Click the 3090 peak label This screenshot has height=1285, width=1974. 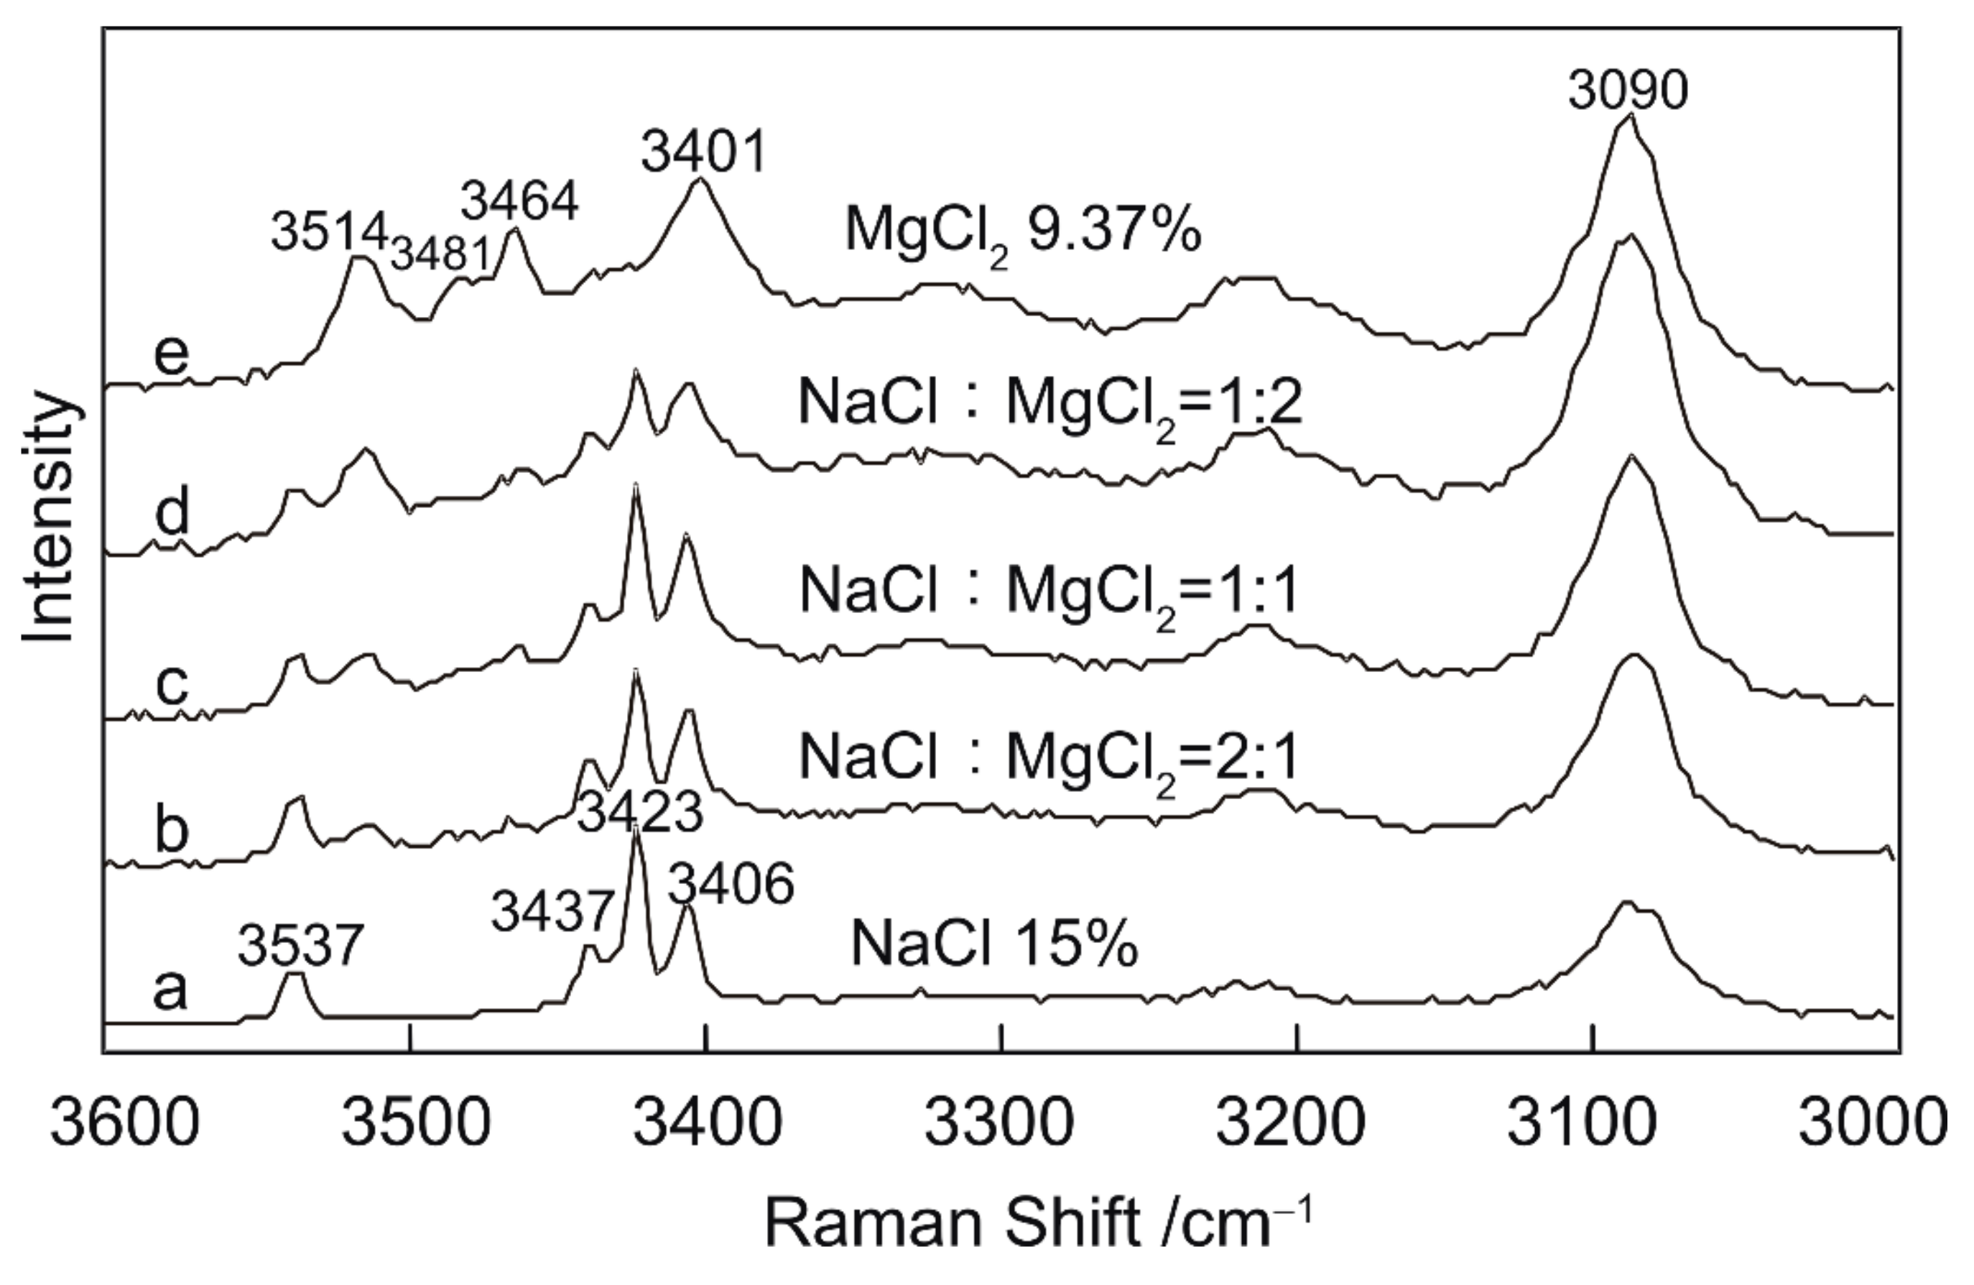pos(1627,91)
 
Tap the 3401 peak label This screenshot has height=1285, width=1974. pos(703,154)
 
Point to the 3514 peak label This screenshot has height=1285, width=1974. pos(329,233)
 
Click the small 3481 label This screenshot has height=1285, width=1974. pos(440,254)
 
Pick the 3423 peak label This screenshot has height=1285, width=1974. pos(639,813)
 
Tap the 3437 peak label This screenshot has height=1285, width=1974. pos(553,913)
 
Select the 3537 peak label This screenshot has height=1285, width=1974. pos(300,947)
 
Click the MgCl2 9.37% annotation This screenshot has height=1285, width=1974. pos(1023,231)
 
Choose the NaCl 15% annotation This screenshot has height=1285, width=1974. pos(993,947)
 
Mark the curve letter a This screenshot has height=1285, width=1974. pos(170,990)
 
